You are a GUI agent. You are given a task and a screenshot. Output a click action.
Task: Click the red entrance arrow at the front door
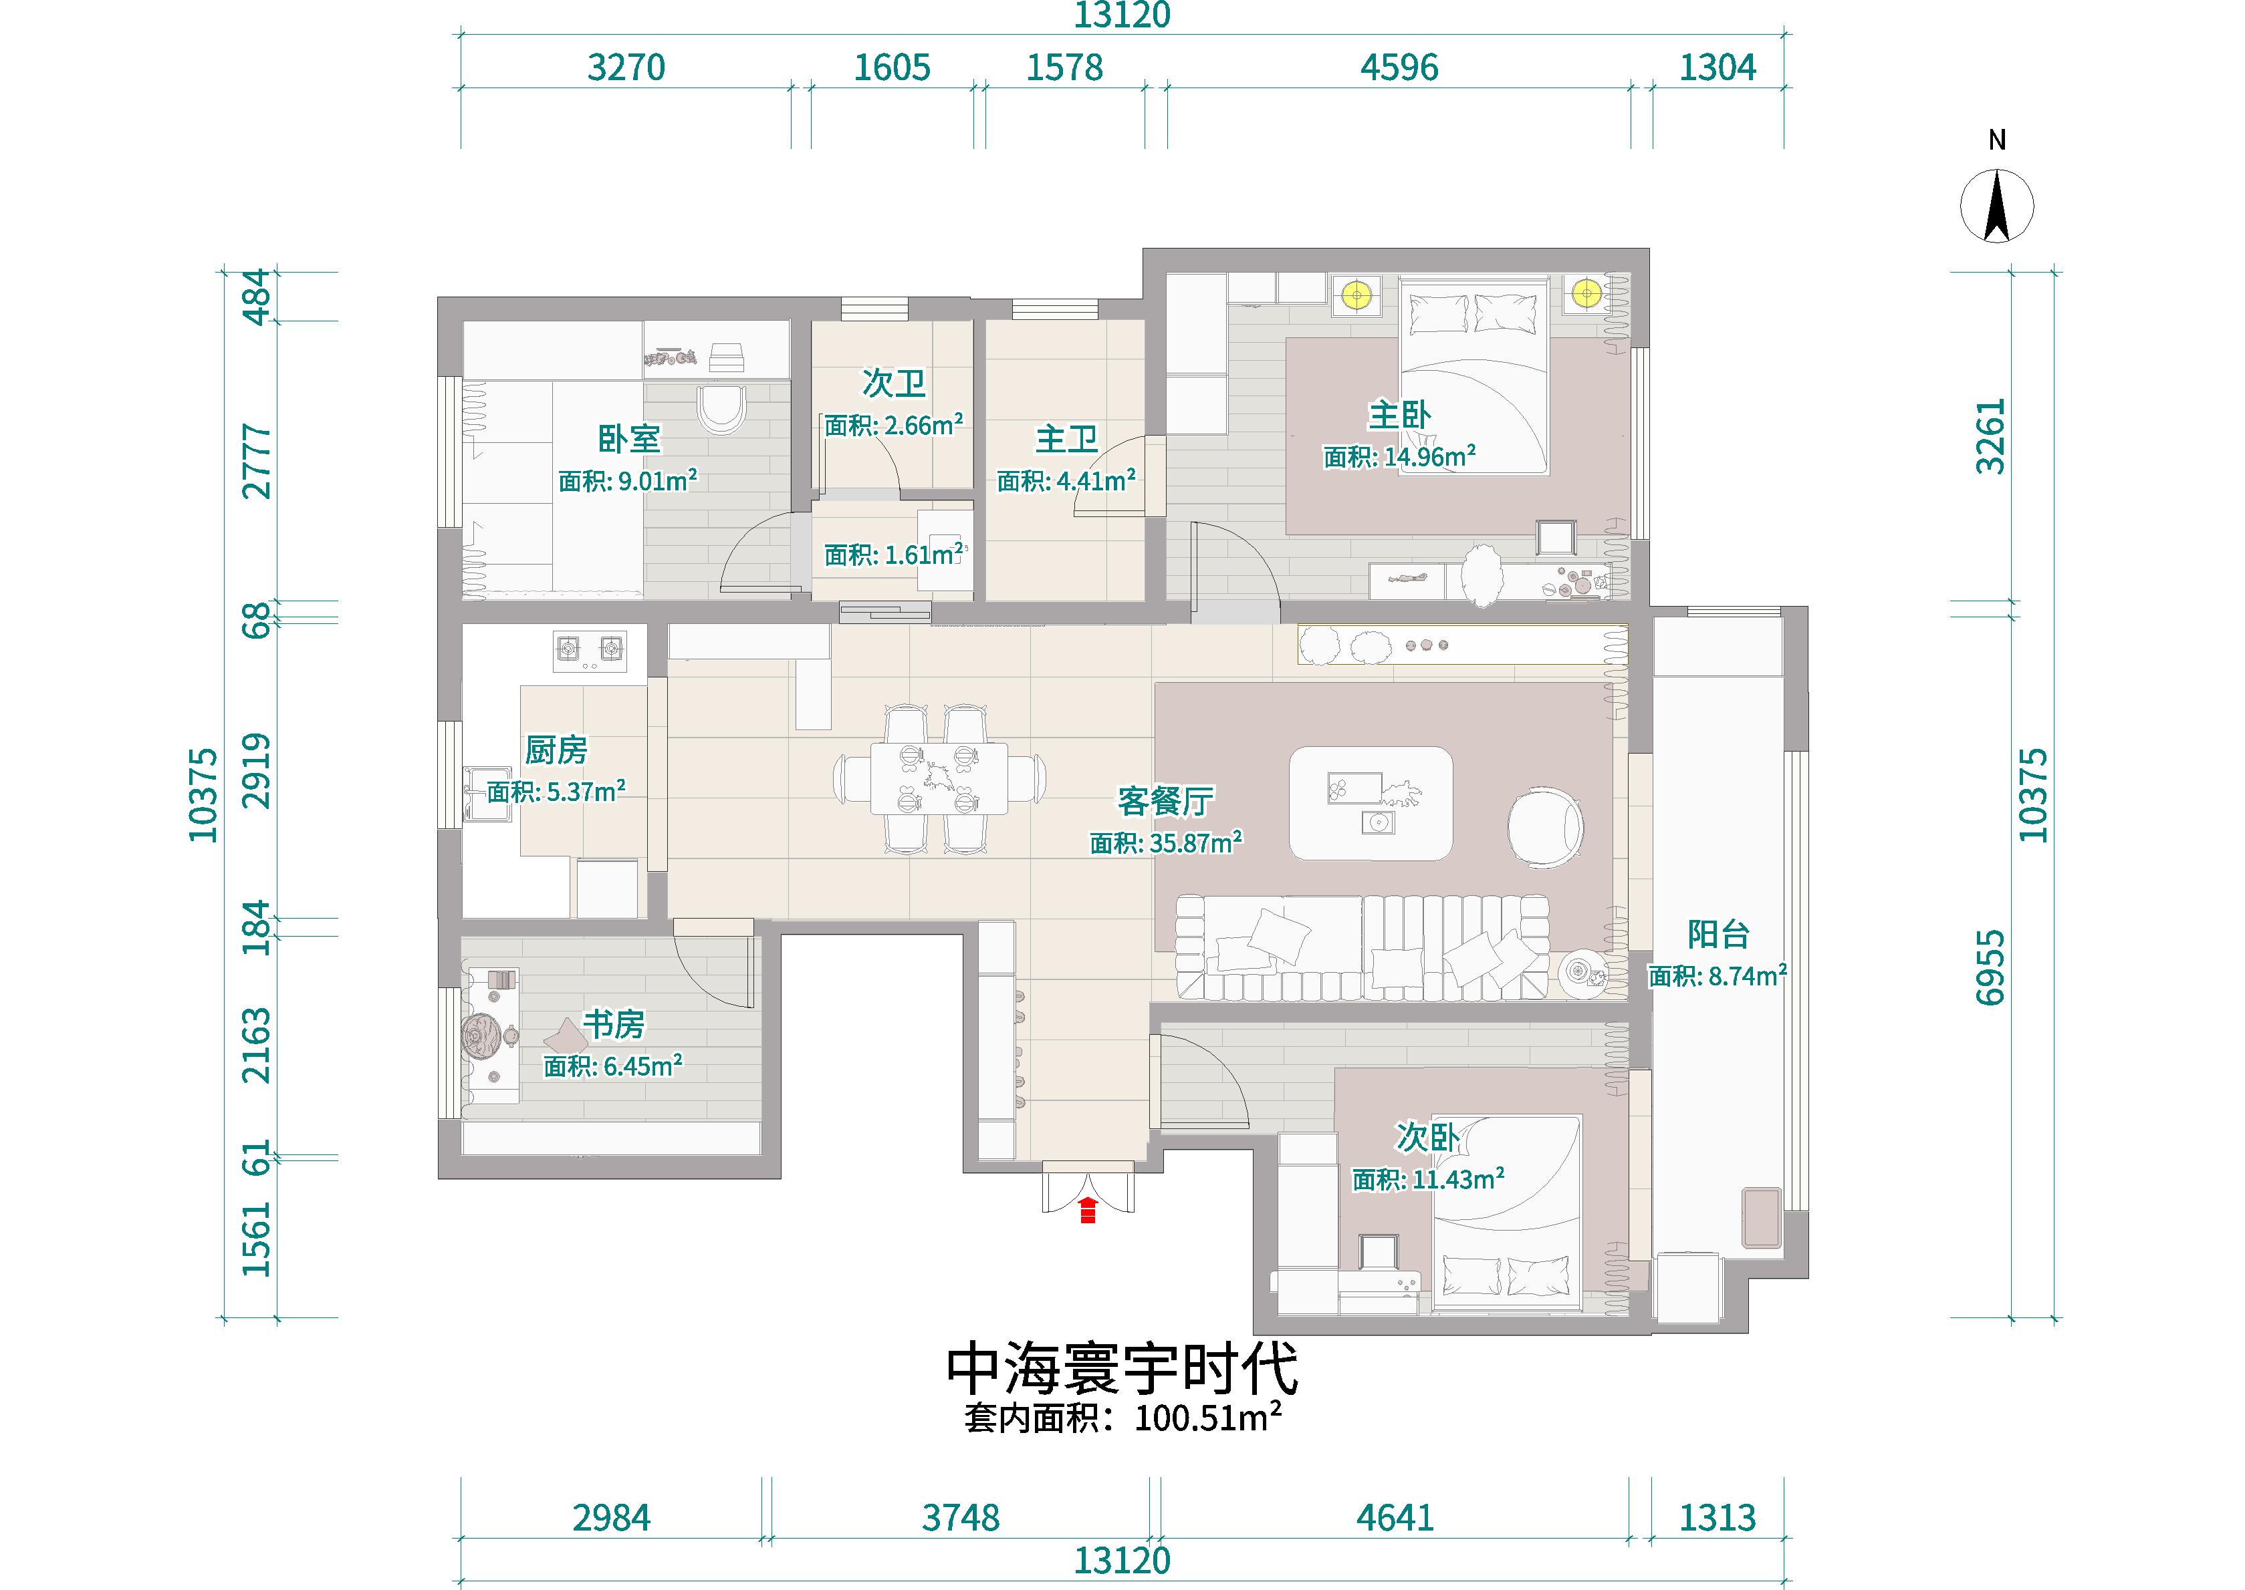(1087, 1209)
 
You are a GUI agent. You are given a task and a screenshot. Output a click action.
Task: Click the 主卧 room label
(1400, 415)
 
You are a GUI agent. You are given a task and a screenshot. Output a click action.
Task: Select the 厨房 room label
(556, 750)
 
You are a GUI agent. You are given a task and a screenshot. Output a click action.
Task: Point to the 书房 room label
(614, 1024)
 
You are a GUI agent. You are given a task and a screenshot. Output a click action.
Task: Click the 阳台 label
(1718, 934)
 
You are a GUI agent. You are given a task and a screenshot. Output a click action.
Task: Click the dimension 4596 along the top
(1399, 67)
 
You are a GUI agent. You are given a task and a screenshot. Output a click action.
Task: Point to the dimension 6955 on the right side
(1990, 967)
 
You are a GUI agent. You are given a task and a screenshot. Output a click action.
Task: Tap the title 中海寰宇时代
(1122, 1368)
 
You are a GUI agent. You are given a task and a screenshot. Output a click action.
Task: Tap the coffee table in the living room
(1371, 804)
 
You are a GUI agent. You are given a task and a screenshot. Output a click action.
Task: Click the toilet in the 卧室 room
(722, 410)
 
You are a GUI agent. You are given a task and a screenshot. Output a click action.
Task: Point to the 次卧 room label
(1428, 1136)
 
